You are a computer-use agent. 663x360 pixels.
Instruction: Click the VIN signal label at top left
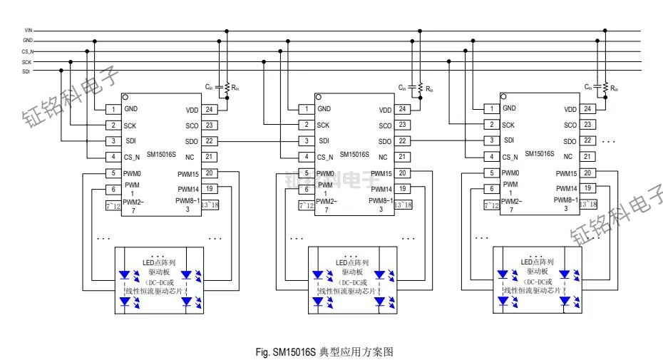pos(29,31)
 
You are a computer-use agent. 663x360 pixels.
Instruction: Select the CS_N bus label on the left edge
pos(28,51)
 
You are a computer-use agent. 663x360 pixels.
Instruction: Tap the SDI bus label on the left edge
pos(26,71)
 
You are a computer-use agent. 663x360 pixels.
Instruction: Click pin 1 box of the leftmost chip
pos(113,109)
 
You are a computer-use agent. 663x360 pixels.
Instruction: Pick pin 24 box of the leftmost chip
pos(209,109)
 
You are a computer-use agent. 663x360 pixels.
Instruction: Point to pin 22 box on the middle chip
pos(402,141)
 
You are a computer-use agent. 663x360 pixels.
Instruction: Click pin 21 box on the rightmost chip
pos(587,156)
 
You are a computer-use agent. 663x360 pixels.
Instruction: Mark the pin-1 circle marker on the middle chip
pos(319,96)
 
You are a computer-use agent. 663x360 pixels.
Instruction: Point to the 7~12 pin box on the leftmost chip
pos(113,206)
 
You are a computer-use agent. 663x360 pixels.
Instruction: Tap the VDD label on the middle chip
pos(385,110)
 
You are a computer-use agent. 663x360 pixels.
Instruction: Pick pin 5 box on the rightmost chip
pos(491,173)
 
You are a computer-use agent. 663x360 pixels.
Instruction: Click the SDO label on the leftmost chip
pos(192,141)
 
